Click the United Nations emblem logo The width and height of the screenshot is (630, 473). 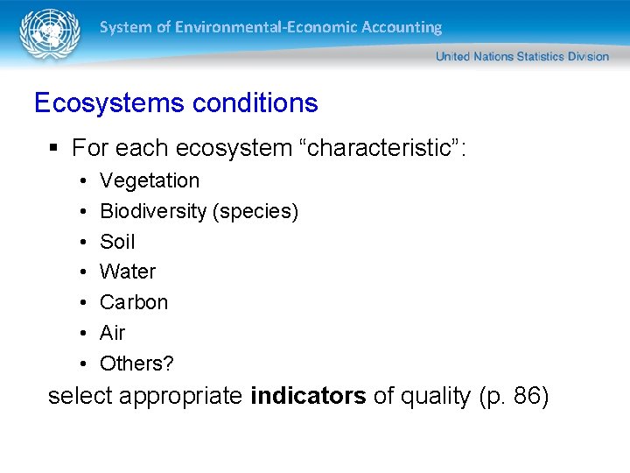[x=49, y=34]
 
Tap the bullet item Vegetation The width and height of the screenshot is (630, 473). [x=150, y=180]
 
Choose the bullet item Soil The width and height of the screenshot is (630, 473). [x=117, y=242]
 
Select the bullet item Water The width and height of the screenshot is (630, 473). [x=128, y=272]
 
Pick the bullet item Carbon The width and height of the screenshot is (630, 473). [x=134, y=302]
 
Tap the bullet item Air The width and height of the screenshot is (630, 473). [x=112, y=333]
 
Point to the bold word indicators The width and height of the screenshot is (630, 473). [x=308, y=397]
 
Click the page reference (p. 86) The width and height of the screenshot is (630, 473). [x=514, y=397]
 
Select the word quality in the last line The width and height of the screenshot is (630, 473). [x=435, y=397]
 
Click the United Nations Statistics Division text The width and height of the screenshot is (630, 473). [x=521, y=56]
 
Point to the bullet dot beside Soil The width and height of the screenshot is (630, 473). [x=80, y=242]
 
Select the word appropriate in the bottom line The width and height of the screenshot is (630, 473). [x=181, y=397]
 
